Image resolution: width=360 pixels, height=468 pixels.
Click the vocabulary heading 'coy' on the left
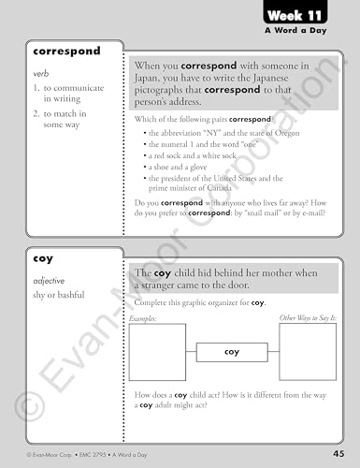tap(43, 256)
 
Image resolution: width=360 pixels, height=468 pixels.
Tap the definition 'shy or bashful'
tap(59, 295)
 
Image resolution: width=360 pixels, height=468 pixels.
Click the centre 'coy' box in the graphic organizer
tap(232, 352)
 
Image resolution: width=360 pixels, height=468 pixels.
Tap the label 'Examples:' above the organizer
tap(146, 319)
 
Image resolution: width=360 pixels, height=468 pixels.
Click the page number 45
tap(338, 454)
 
